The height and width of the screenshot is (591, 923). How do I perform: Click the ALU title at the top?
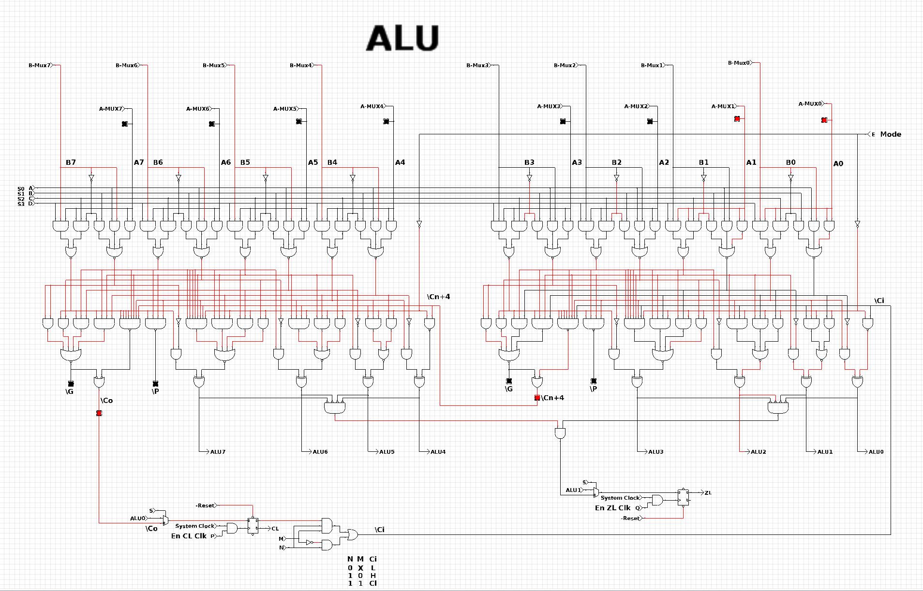pos(402,38)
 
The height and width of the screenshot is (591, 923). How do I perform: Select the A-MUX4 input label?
pos(372,106)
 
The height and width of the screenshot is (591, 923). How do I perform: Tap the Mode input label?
pos(890,134)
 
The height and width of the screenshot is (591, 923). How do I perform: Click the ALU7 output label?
pos(218,452)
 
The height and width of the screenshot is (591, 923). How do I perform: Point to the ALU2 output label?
pos(758,452)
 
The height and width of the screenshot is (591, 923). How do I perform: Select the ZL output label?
pos(708,493)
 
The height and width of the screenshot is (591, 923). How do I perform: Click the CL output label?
pos(275,529)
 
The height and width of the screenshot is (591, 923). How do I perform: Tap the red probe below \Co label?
pos(99,413)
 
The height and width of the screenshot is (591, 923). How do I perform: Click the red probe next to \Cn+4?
pos(537,398)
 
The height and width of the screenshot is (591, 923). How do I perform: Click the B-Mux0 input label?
pos(739,63)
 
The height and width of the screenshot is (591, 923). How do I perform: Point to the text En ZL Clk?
pos(612,508)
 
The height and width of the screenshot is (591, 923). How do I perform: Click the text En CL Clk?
pos(189,536)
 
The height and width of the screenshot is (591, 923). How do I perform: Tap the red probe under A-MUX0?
pos(824,120)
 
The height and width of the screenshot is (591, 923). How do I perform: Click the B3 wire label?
pos(529,162)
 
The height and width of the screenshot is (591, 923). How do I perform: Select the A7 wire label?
pos(139,162)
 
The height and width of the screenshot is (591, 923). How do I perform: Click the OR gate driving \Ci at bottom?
pos(352,534)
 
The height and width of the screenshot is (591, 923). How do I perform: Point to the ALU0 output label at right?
pos(876,452)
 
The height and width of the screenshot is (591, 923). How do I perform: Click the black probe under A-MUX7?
pos(124,124)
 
